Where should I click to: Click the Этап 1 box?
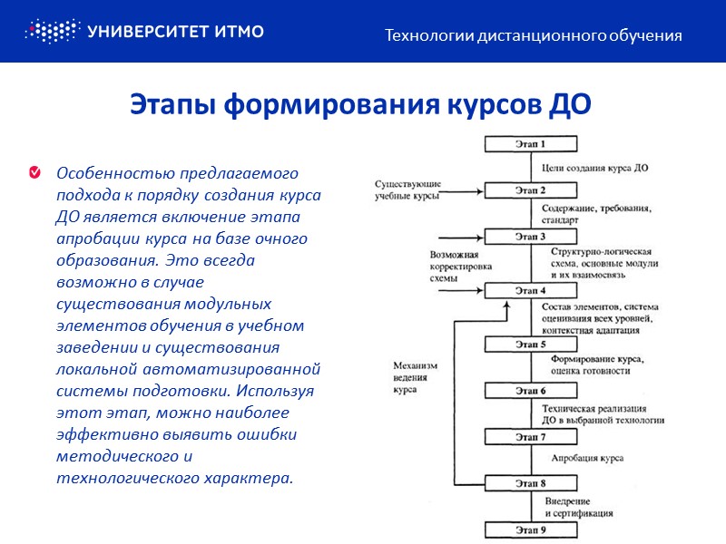(530, 144)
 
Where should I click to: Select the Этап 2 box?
(530, 190)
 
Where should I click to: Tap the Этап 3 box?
(530, 237)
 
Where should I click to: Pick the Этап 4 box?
(530, 291)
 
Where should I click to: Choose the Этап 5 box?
(530, 345)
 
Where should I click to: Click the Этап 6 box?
(530, 391)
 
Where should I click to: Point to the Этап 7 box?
(530, 437)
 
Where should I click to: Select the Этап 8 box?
(530, 483)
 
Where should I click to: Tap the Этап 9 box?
(530, 529)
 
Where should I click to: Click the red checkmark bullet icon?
(34, 172)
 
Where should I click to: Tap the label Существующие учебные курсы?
(408, 190)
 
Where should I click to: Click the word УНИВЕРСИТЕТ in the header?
(144, 32)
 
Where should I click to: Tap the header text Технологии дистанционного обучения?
(534, 36)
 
